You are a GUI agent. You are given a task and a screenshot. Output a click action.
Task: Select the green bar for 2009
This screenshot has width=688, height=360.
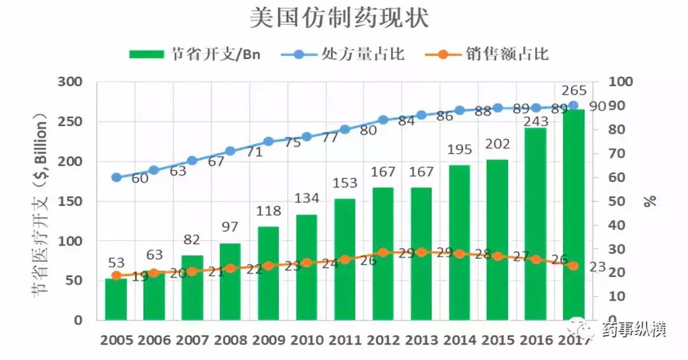268,274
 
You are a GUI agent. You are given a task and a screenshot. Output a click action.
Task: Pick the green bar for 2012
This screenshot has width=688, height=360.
383,255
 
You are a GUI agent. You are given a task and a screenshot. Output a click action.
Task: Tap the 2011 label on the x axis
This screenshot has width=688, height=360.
345,340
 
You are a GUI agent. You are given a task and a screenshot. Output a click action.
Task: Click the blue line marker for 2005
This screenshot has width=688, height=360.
116,178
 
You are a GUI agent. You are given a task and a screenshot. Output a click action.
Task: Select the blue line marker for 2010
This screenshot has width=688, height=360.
306,137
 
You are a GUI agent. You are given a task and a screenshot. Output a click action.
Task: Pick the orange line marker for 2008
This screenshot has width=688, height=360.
230,268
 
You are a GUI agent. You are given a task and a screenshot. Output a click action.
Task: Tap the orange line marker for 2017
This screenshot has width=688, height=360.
573,266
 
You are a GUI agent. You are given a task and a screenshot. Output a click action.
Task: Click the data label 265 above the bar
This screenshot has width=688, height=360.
574,90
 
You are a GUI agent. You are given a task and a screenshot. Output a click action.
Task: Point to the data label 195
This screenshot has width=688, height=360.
459,150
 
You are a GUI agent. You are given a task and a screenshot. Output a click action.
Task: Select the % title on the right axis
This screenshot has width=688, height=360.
649,201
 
